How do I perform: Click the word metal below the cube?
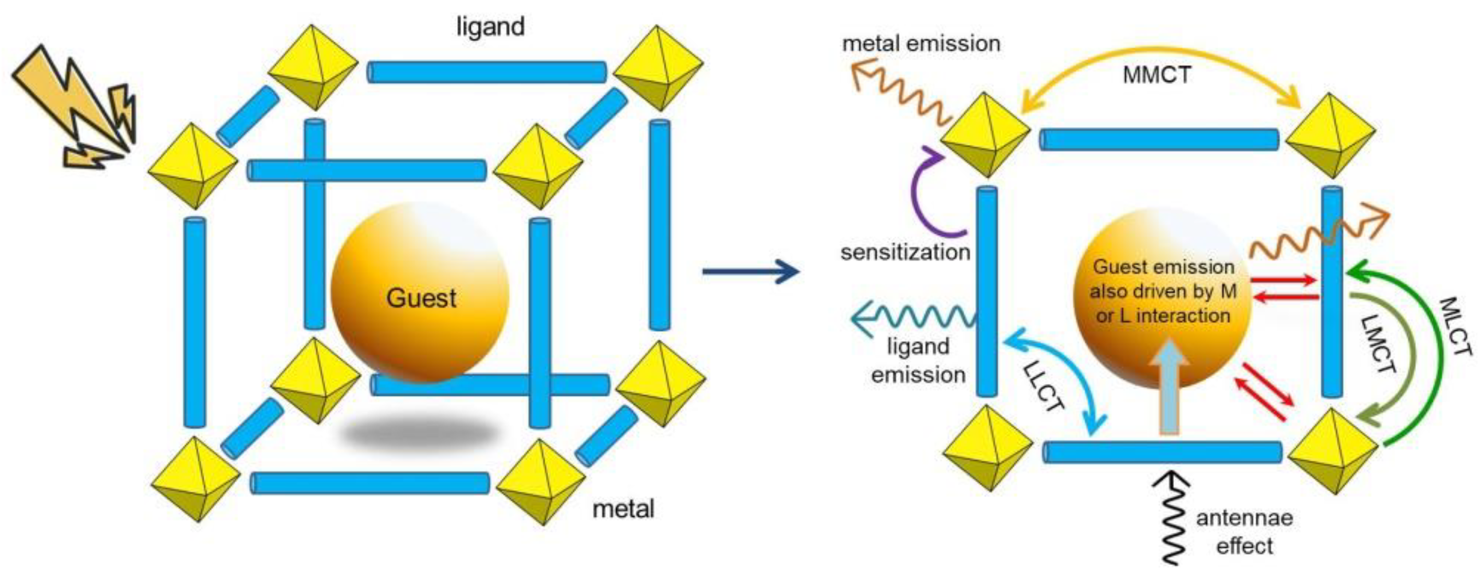click(x=623, y=509)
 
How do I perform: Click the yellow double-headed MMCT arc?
click(x=1157, y=51)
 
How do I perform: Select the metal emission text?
click(x=921, y=44)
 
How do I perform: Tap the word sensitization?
click(x=905, y=252)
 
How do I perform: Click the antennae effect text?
click(x=1245, y=532)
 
